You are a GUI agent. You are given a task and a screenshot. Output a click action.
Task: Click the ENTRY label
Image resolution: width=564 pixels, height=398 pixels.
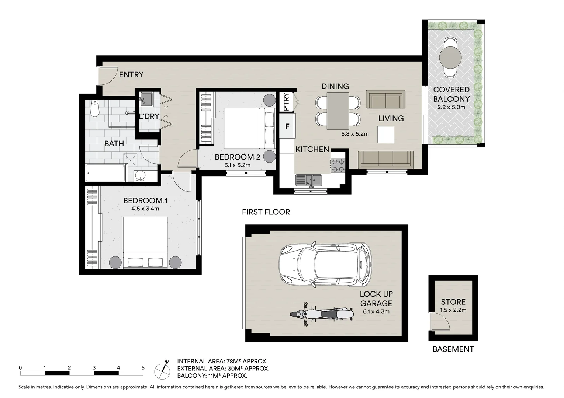(131, 74)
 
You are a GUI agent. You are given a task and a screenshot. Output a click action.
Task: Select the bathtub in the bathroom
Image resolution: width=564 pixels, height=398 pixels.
(105, 173)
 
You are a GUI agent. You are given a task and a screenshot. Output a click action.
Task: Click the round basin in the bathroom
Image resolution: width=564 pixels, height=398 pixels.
(140, 176)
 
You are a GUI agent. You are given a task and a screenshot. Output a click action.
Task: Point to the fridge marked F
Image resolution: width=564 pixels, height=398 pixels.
(287, 126)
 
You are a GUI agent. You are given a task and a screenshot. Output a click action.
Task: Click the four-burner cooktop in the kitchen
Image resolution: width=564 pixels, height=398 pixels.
(338, 165)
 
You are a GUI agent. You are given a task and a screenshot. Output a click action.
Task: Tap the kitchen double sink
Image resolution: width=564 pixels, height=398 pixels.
(309, 180)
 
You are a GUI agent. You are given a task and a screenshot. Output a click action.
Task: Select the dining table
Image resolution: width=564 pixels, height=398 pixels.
(338, 111)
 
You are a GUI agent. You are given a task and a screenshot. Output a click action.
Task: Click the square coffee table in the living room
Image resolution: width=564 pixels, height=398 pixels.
(385, 135)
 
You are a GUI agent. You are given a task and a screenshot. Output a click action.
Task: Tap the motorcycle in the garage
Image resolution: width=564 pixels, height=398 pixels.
(319, 314)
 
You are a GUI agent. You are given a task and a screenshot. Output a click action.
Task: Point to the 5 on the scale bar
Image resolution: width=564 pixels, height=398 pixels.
(143, 367)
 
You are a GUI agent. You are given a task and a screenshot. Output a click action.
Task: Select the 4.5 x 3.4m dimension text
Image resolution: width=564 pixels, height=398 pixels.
(145, 209)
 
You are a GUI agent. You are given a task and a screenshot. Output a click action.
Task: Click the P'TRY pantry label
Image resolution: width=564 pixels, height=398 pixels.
(286, 102)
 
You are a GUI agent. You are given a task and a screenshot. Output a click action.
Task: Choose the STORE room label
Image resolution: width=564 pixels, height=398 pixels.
(453, 302)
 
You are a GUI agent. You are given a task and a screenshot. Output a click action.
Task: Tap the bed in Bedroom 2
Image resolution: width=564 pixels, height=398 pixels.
(249, 128)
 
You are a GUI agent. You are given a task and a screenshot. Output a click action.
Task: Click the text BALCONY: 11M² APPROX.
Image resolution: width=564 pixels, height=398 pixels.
(212, 376)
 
